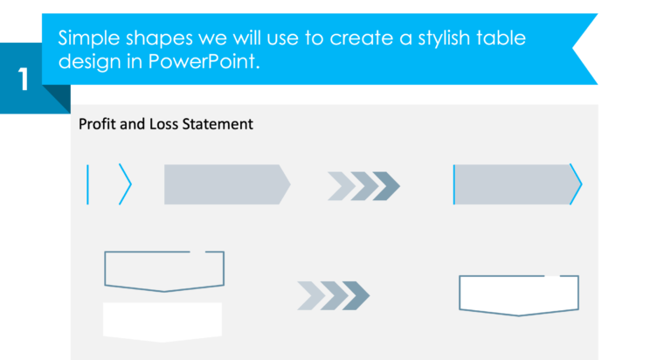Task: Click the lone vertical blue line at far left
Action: click(x=88, y=184)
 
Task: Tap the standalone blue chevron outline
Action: click(x=126, y=184)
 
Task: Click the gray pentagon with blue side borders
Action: click(x=515, y=184)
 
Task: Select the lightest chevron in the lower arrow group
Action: click(x=308, y=296)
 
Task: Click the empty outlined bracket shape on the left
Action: click(x=164, y=270)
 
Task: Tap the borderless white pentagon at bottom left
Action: click(x=163, y=321)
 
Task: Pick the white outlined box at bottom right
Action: click(x=519, y=294)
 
